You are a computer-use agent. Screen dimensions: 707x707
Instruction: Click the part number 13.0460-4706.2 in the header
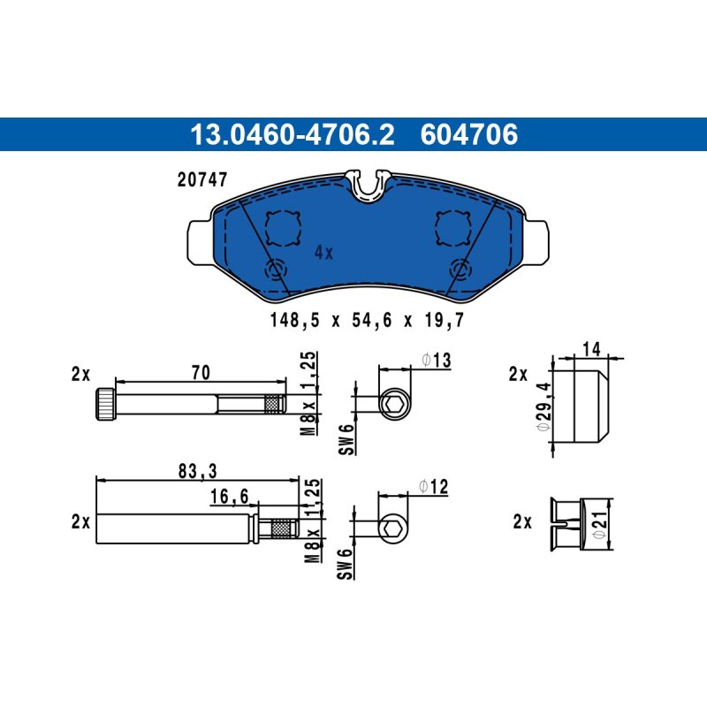293,134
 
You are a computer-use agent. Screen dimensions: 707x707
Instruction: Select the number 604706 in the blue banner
469,134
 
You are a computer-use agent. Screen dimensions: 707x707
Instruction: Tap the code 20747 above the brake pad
202,179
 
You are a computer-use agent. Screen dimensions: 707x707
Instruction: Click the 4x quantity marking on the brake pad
323,253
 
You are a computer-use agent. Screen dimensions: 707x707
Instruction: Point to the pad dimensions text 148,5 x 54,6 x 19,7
367,320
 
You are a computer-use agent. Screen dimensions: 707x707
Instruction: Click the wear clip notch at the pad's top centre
368,185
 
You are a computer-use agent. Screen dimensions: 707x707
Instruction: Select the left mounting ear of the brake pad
200,242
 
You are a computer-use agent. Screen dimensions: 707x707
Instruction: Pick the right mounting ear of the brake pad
537,242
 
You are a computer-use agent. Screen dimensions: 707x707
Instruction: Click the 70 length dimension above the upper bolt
201,372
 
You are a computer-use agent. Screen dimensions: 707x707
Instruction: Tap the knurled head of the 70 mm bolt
105,404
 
